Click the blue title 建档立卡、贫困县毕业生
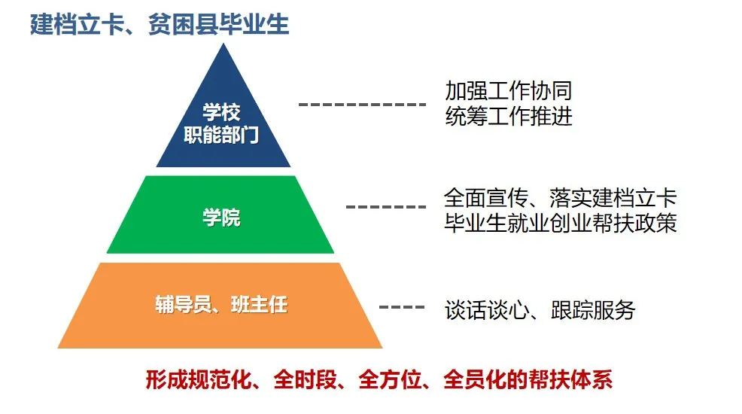(160, 25)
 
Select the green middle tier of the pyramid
(220, 215)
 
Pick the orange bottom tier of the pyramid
(220, 306)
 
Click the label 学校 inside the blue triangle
(221, 112)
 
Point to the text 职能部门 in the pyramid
(221, 135)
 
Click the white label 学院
(221, 218)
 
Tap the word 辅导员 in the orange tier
(183, 304)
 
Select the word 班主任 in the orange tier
(260, 304)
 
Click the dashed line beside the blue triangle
(362, 104)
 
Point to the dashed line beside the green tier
(385, 207)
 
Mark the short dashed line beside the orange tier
(402, 307)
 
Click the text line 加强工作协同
(509, 91)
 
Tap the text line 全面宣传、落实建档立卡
(561, 198)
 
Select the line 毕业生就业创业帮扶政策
(561, 224)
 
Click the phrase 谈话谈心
(487, 310)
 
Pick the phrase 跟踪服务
(593, 310)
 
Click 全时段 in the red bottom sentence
(306, 379)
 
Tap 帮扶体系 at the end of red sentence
(570, 379)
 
